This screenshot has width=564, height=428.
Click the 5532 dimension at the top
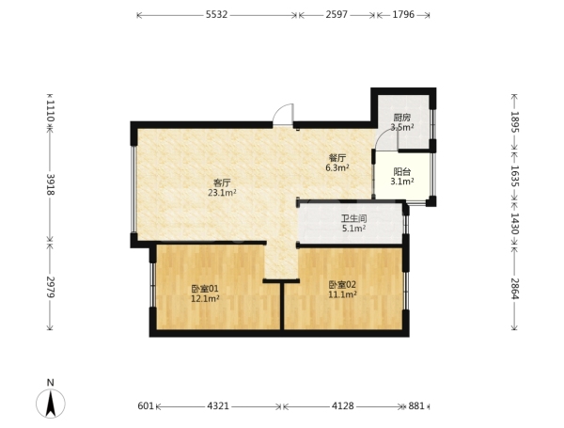coord(216,15)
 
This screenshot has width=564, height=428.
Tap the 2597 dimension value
coord(337,15)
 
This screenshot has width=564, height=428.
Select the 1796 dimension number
coord(403,15)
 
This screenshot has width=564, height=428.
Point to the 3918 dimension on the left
coord(51,184)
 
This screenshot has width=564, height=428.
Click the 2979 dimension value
coord(51,287)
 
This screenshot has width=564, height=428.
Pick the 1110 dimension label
coord(51,110)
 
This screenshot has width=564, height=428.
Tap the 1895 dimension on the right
coord(515,122)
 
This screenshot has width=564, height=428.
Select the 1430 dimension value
coord(515,224)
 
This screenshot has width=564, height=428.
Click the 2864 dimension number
coord(515,289)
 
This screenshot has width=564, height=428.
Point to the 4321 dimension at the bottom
coord(218,406)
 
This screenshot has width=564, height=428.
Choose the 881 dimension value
coord(416,406)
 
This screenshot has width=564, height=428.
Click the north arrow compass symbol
coord(51,400)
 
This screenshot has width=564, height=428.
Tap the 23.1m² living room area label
coord(222,193)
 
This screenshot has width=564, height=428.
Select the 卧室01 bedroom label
coord(205,289)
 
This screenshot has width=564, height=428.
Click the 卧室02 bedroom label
coord(342,285)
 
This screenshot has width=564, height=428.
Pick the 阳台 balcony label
coord(401,172)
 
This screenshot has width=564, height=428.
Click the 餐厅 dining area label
coord(337,158)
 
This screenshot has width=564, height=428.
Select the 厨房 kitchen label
coord(401,118)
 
